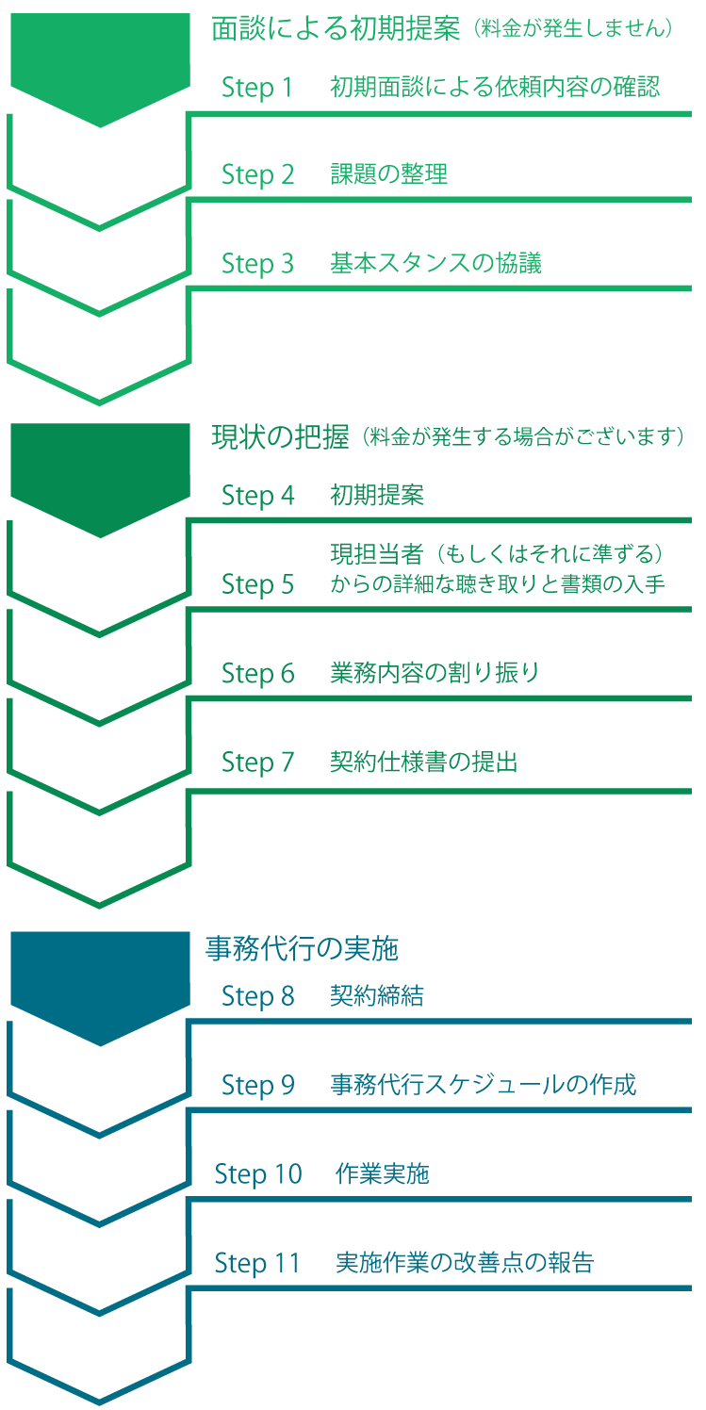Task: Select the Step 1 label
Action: tap(257, 88)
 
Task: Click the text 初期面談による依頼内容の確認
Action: tap(495, 88)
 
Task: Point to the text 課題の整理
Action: tap(388, 174)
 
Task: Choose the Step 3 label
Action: tap(257, 264)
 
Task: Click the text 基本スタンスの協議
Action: tap(435, 263)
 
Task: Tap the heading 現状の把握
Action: tap(280, 436)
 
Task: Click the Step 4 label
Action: tap(257, 495)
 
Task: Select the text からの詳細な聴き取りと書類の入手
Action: tap(498, 584)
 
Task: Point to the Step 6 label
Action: tap(257, 673)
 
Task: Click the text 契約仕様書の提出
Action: tap(424, 762)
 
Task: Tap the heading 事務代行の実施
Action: tap(302, 948)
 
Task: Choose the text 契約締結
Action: tap(377, 995)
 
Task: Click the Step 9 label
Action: tap(257, 1085)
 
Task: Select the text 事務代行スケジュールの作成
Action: tap(483, 1084)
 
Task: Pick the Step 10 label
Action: tap(257, 1173)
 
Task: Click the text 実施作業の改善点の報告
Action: tap(465, 1262)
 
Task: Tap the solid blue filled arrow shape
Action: tap(100, 981)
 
